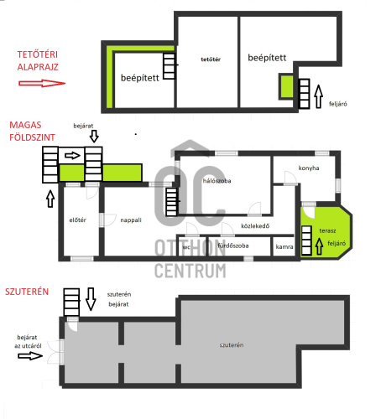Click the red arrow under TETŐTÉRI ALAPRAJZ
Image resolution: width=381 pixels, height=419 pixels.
click(x=42, y=83)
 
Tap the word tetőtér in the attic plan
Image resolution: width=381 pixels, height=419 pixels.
click(x=211, y=59)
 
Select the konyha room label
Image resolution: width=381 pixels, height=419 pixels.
click(x=309, y=168)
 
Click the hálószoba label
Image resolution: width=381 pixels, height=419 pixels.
click(x=217, y=181)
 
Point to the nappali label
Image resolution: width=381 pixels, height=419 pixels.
click(x=131, y=220)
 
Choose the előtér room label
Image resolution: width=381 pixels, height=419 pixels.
click(x=77, y=220)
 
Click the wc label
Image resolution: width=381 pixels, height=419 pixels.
click(x=186, y=247)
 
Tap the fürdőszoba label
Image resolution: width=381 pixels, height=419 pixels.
click(x=233, y=246)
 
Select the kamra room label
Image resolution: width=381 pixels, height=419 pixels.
click(x=284, y=246)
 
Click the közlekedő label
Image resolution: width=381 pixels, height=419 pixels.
click(x=255, y=226)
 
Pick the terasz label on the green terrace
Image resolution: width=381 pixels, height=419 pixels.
click(x=327, y=230)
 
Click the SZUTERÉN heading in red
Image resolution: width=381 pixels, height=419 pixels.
click(x=27, y=292)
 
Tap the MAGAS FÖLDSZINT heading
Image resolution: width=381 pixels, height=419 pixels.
click(x=32, y=131)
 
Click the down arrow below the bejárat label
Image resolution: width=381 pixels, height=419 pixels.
click(x=94, y=136)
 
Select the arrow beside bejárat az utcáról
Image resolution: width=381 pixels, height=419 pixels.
click(x=30, y=356)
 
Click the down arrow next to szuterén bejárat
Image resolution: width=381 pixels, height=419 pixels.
click(x=91, y=299)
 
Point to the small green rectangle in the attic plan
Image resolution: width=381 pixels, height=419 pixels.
click(x=286, y=86)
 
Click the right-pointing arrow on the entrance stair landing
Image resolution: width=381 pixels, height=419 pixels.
click(x=72, y=155)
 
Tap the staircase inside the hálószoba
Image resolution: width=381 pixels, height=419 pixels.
click(x=171, y=202)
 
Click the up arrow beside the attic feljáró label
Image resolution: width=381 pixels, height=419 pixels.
click(x=319, y=96)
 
